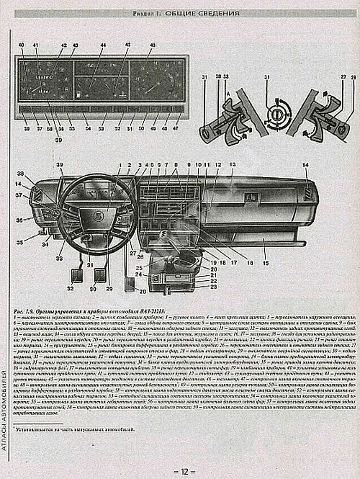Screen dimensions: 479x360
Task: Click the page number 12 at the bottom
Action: coord(184,471)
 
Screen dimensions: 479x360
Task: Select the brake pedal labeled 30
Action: coord(102,274)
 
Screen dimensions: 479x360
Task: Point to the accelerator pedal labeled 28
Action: coord(130,277)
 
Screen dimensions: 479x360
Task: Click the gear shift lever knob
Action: coord(163,234)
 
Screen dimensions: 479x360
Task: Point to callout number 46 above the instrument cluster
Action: coord(152,45)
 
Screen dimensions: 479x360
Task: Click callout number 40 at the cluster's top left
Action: coord(21,45)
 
